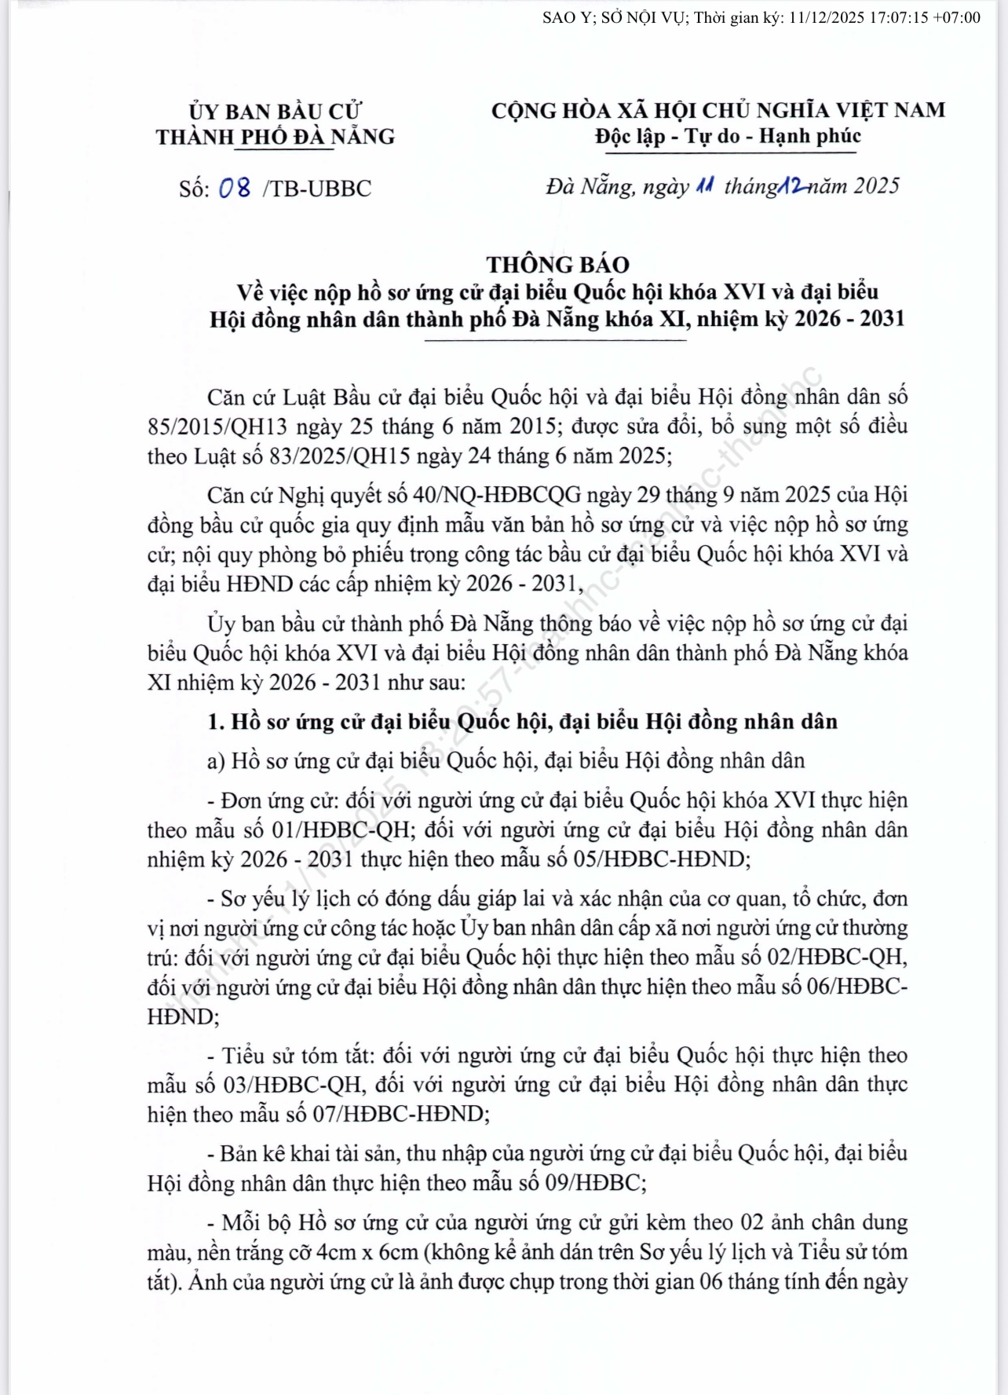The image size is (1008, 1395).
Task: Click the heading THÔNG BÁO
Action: pyautogui.click(x=557, y=265)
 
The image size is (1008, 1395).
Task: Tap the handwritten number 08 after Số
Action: pyautogui.click(x=235, y=188)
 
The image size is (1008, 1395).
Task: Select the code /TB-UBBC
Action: pyautogui.click(x=318, y=189)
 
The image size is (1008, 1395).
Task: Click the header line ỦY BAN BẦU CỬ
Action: pyautogui.click(x=275, y=112)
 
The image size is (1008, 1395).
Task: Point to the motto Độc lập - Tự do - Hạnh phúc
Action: pyautogui.click(x=728, y=137)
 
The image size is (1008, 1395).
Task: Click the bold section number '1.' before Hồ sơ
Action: pyautogui.click(x=216, y=722)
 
